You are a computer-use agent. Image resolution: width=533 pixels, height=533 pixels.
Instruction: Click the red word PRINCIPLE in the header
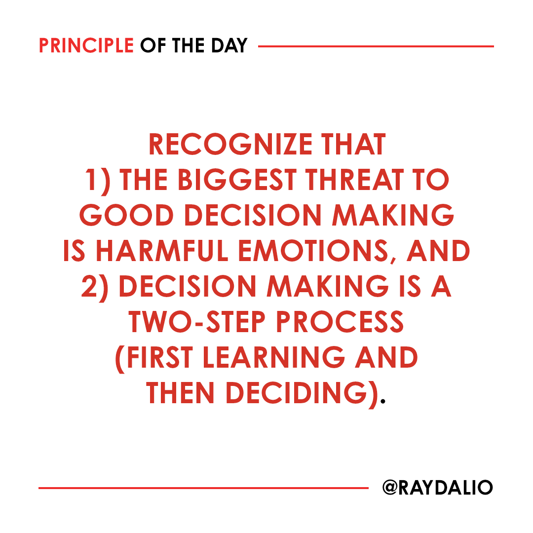tap(86, 46)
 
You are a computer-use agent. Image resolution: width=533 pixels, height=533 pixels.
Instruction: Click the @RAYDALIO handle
tap(437, 488)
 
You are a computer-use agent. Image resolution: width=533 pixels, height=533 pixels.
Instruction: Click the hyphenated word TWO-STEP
tap(196, 322)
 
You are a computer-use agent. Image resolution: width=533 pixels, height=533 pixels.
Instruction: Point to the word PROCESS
tap(340, 322)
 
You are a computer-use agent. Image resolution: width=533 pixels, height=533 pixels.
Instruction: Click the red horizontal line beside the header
tap(376, 46)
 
